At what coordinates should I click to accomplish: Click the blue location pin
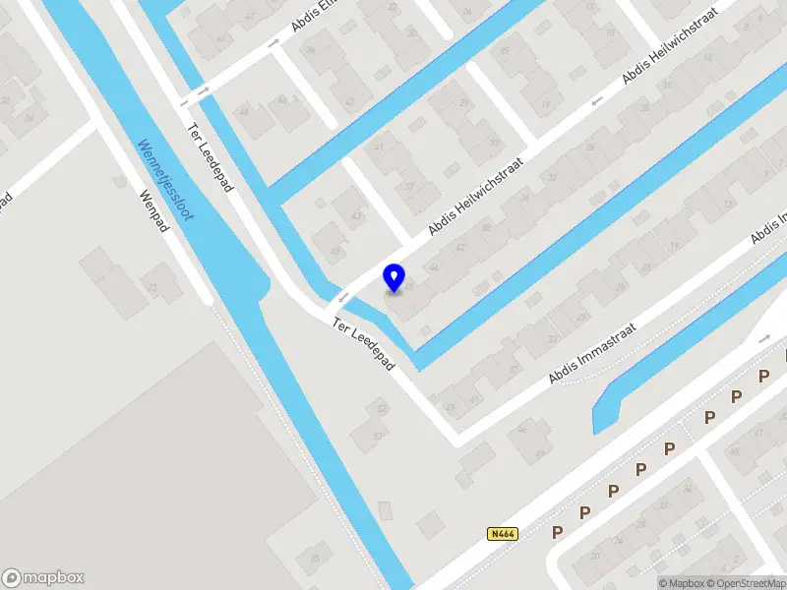point(394,277)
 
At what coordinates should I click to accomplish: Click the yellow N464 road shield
point(502,534)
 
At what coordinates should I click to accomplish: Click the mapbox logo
point(43,578)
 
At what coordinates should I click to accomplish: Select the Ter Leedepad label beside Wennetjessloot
point(210,157)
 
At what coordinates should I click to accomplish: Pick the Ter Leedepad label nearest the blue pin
point(363,343)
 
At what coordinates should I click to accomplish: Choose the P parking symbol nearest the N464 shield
point(557,533)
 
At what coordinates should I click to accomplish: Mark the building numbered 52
point(382,408)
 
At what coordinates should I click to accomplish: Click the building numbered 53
point(378,437)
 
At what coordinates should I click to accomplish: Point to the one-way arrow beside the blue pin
point(343,296)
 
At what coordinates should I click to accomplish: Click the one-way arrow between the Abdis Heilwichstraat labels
point(595,102)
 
